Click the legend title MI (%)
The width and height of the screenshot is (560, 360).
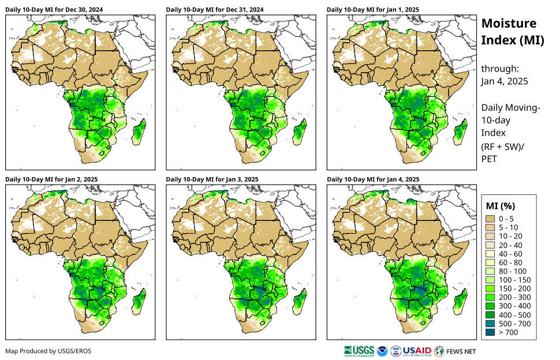[500, 205]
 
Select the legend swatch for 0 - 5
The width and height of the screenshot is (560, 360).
[492, 219]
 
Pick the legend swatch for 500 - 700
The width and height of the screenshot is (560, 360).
[492, 323]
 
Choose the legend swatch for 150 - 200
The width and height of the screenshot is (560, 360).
[492, 288]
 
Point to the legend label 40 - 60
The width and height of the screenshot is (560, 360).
[510, 253]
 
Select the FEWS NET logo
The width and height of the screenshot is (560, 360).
[456, 350]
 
